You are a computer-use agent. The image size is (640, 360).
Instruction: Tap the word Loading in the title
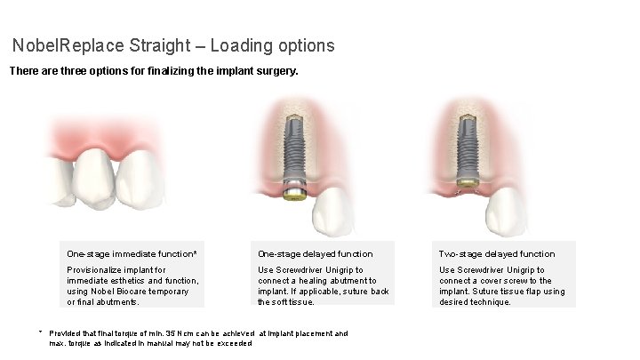242,44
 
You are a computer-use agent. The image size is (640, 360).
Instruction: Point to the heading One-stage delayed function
316,254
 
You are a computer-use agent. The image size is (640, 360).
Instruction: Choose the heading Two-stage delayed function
497,254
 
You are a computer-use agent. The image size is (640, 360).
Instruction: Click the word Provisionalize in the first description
96,269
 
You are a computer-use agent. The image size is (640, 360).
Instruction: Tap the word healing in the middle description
317,281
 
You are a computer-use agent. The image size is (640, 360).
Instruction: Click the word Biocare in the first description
137,292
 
